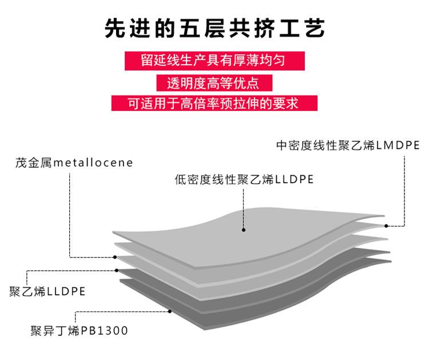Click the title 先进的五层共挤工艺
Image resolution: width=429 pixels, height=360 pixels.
click(x=214, y=27)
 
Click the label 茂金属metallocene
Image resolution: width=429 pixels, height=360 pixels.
click(x=74, y=163)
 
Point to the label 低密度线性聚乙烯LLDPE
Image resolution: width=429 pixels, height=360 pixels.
click(x=244, y=180)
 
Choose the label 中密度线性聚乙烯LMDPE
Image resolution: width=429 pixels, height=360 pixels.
click(x=348, y=145)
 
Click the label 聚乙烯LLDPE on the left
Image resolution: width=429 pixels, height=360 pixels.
click(x=47, y=291)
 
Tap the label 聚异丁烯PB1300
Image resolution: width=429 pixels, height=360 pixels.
click(x=79, y=331)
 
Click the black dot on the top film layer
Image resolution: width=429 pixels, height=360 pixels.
click(x=244, y=230)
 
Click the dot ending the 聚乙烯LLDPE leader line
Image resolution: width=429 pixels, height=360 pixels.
click(x=117, y=270)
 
